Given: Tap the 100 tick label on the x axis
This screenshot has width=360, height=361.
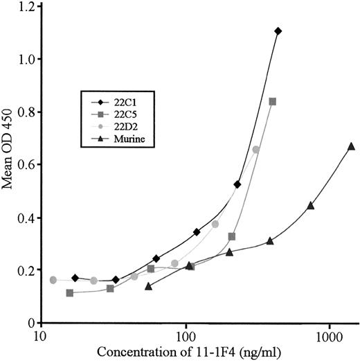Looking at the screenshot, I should [185, 335].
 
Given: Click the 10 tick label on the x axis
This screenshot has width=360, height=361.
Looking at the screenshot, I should [41, 335].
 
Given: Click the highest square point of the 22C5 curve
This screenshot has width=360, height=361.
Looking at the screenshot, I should [273, 101].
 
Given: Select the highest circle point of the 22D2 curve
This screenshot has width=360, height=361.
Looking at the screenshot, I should [256, 149].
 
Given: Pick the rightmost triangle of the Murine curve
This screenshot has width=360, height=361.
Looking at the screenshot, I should [351, 146].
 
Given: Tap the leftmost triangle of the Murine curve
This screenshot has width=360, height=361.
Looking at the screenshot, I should [148, 285].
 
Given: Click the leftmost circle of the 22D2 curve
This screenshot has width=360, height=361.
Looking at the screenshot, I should [53, 279].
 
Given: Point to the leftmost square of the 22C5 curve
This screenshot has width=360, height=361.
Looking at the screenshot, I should [70, 292].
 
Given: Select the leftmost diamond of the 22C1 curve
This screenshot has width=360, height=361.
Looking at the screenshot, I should [75, 278].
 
